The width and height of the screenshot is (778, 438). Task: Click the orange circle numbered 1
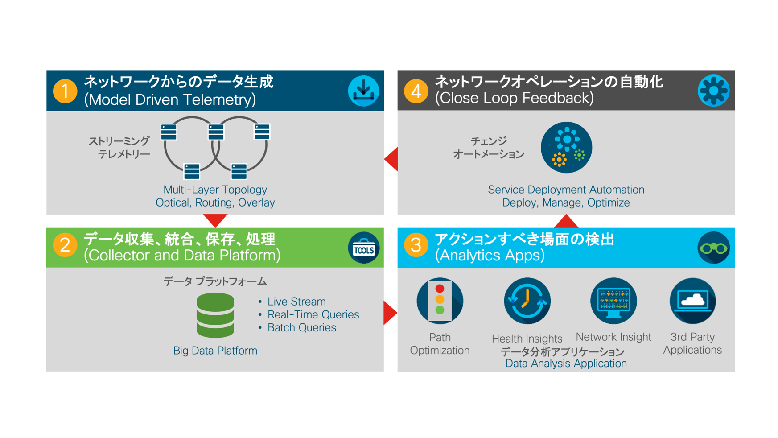coord(65,91)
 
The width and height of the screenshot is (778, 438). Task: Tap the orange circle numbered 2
coord(65,245)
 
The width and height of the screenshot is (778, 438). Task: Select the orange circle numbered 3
coord(416,245)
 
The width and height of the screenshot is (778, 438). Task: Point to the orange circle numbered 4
coord(416,91)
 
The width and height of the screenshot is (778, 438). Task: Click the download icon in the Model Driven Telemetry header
coord(363,91)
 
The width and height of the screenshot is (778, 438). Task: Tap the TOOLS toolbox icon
coord(363,248)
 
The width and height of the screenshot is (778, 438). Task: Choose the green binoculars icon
coord(713,248)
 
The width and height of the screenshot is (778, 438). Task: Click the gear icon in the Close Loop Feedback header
coord(713,91)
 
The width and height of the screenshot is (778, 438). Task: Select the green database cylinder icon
coord(215,315)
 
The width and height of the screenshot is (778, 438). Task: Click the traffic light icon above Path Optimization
coord(440,301)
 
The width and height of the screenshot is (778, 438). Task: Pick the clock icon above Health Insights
coord(527,301)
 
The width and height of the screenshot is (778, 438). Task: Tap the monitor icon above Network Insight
coord(613,301)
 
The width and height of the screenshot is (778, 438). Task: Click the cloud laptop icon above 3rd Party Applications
coord(692,301)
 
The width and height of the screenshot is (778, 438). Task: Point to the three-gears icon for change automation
coord(566,148)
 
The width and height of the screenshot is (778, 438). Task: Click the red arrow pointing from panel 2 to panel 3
coord(389,313)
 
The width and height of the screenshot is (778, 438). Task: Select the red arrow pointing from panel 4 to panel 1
coord(392,159)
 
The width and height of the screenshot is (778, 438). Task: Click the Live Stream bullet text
coord(296,302)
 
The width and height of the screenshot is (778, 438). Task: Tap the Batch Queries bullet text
coord(301,328)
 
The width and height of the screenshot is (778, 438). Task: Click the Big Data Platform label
coord(215,351)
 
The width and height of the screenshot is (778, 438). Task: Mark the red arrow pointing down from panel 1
coord(215,220)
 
